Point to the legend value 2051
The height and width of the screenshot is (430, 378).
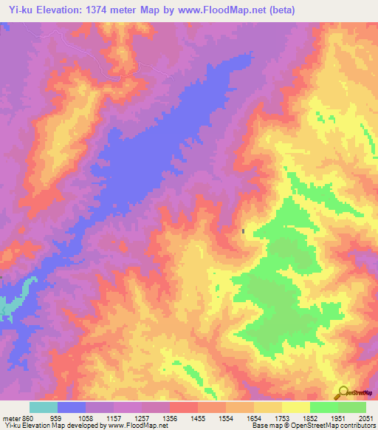coord(367,419)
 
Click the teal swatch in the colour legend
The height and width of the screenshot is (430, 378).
coord(44,407)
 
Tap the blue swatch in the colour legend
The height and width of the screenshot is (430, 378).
coord(72,407)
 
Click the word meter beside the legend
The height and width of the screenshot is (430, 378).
coord(9,419)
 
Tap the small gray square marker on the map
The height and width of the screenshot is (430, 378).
coord(243,231)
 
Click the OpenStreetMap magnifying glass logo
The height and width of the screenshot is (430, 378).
coord(343,392)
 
